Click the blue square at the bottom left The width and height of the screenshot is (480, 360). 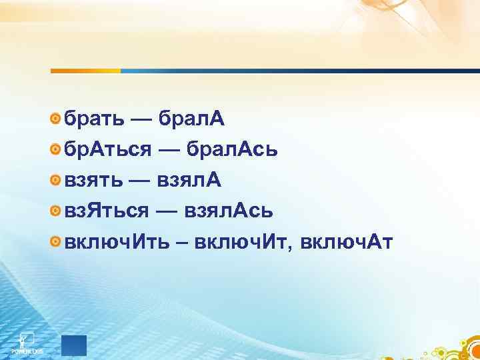pyautogui.click(x=74, y=344)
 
